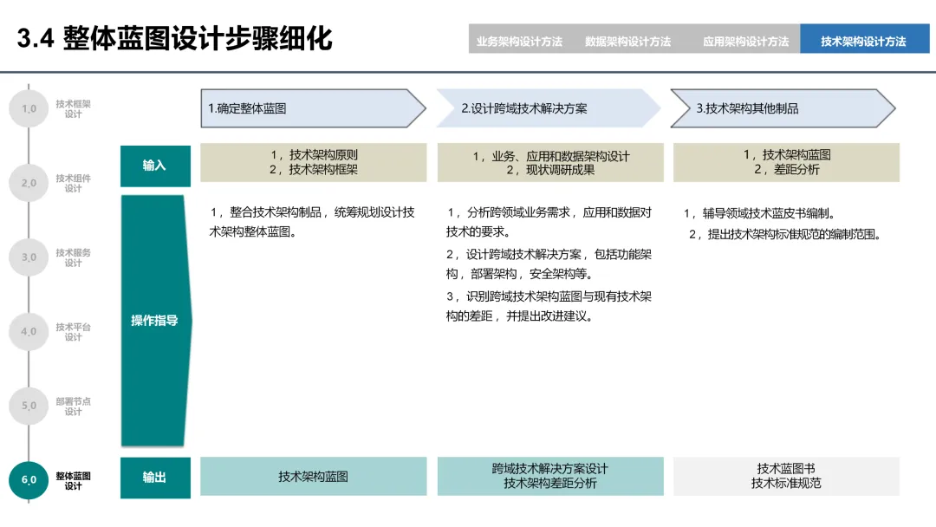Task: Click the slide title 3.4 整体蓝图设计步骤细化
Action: [174, 39]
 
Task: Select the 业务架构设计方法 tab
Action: [519, 41]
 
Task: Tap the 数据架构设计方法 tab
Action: [627, 41]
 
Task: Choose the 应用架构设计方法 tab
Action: [745, 41]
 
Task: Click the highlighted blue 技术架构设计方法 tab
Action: [863, 41]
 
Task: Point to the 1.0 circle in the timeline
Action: [29, 109]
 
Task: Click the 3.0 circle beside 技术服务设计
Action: [29, 257]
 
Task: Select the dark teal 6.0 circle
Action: [29, 479]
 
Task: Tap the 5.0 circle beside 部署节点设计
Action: [29, 406]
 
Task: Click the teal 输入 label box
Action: [155, 166]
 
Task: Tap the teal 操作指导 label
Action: [155, 321]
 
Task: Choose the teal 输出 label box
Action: [155, 477]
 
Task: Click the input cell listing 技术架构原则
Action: [313, 163]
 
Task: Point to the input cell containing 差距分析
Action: [786, 163]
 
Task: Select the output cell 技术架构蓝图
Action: [313, 477]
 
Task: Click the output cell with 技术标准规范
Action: [786, 477]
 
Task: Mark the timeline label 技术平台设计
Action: [74, 332]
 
